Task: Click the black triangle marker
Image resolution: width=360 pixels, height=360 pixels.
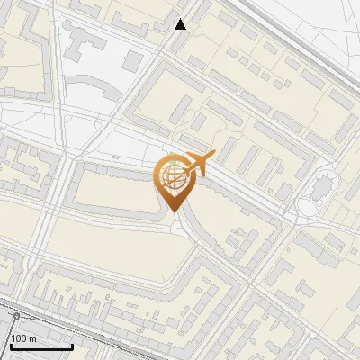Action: tap(181, 24)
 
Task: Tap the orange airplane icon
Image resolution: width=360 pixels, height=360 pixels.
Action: tap(199, 164)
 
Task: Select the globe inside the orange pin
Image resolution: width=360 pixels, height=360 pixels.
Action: tap(171, 175)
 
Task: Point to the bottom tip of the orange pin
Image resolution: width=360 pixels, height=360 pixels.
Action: tap(171, 211)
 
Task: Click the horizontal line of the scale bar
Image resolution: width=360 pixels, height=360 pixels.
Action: tap(40, 347)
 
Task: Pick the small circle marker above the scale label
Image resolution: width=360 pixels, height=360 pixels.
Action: tap(15, 317)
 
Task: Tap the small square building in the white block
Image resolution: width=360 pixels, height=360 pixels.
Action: tap(133, 60)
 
